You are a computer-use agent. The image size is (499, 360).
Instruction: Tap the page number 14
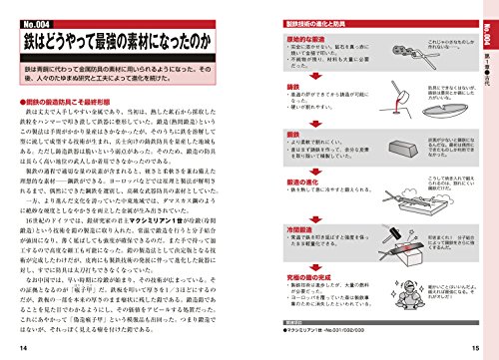click(22, 345)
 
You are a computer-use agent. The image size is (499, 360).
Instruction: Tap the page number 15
click(476, 345)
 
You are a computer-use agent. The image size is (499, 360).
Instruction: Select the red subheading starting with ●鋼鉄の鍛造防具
click(77, 103)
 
